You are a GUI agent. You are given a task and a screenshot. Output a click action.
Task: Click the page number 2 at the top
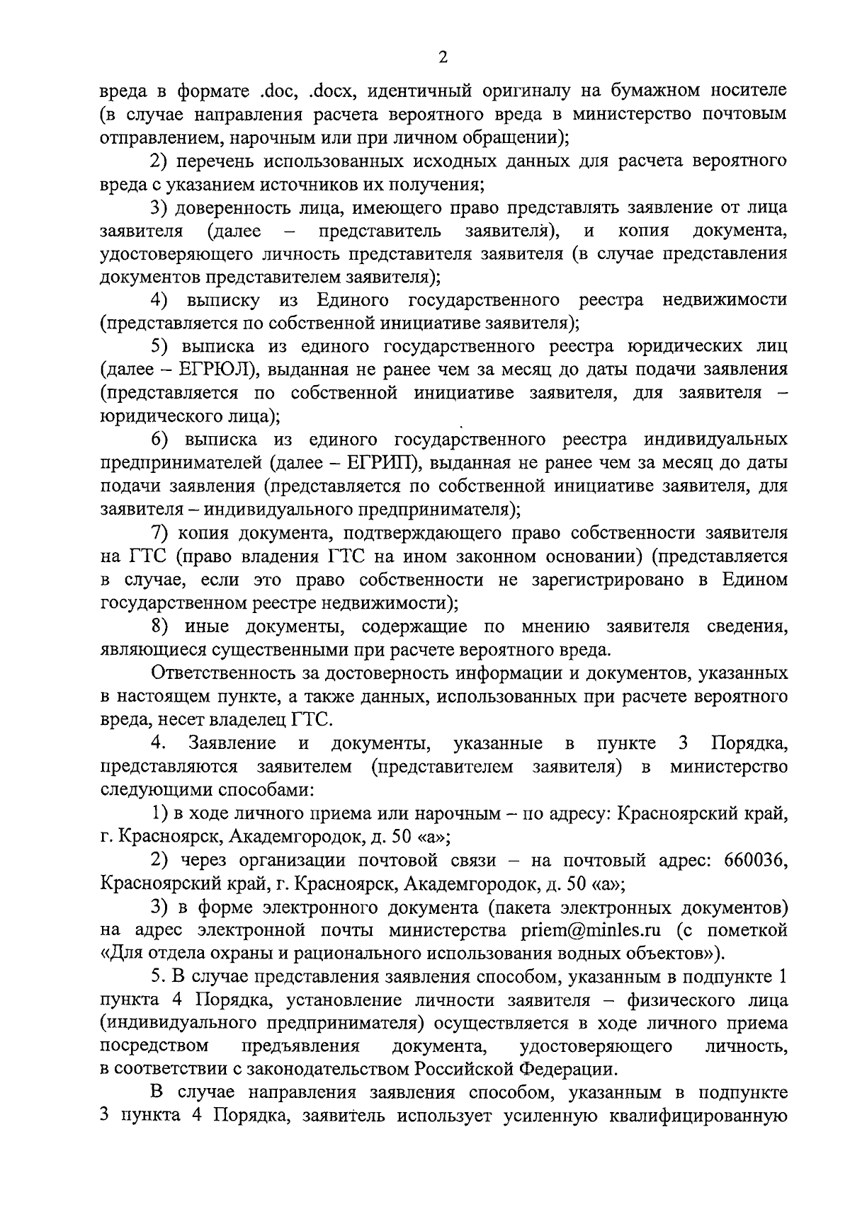[x=443, y=58]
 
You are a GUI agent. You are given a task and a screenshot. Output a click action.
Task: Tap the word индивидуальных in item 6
[x=715, y=440]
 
